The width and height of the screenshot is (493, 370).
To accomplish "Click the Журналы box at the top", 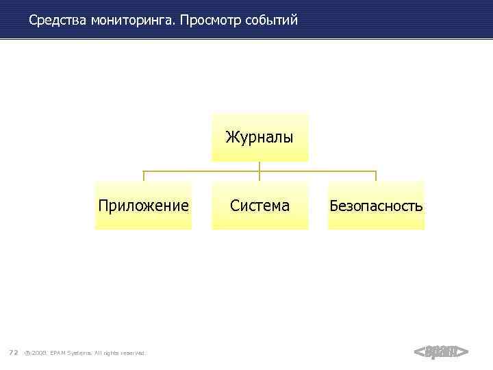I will coord(260,138).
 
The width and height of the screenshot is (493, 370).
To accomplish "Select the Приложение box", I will coord(143,206).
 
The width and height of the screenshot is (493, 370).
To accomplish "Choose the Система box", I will coord(260,206).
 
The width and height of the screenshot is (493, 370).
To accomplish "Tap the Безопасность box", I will coord(376,206).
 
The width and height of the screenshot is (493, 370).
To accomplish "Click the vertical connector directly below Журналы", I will coord(260,166).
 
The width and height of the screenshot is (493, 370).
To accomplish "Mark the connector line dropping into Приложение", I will coord(143,175).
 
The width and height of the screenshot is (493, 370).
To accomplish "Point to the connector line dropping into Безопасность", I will coord(376,175).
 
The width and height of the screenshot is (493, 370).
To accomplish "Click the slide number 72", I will coord(13,353).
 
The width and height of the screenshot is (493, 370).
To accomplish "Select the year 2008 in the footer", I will coord(38,353).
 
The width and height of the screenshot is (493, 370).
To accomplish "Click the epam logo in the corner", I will coord(441,352).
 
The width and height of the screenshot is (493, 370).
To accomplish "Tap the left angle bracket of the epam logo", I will coord(419,352).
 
